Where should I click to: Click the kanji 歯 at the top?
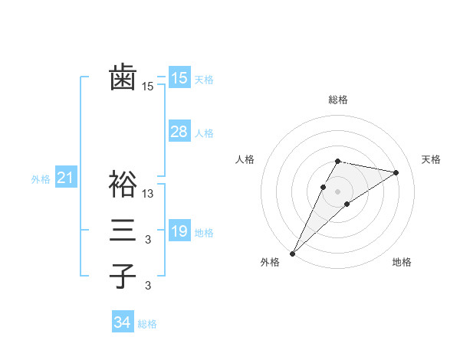[123, 78]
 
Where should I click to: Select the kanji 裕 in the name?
[123, 185]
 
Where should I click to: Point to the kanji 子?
[123, 277]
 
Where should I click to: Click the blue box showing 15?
[179, 78]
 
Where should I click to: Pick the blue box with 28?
[179, 132]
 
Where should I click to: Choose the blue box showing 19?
[179, 231]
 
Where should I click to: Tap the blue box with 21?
[65, 178]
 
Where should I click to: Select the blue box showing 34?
[122, 323]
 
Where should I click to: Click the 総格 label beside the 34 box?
[148, 324]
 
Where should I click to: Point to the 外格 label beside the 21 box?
[41, 179]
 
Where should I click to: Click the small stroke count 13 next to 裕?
[148, 194]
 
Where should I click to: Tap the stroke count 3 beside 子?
[148, 286]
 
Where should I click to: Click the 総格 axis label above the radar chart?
[337, 100]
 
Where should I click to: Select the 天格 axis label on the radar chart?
[432, 159]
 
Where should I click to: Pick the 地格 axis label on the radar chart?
[402, 263]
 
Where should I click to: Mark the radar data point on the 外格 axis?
[293, 253]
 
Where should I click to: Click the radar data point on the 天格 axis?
[396, 172]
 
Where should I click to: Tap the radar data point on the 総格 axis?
[337, 161]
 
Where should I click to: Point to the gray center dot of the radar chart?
[337, 191]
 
